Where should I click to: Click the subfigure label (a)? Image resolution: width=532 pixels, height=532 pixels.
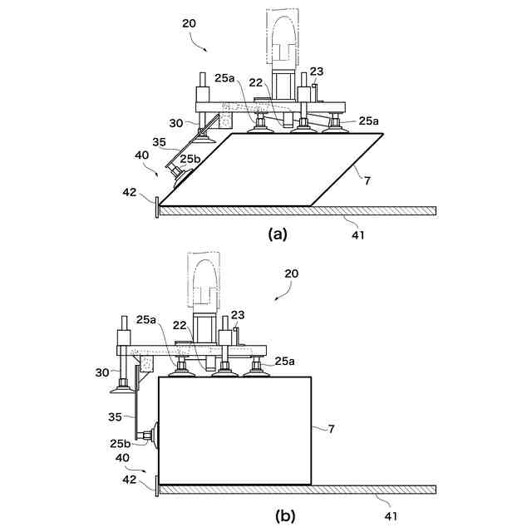pos(277,234)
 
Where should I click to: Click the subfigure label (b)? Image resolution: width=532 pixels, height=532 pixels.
pos(285,515)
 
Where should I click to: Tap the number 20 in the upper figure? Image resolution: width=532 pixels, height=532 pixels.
pos(190,24)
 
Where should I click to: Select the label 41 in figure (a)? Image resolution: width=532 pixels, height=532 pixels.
pos(357,235)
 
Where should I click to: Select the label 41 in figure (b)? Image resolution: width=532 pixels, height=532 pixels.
pos(390,516)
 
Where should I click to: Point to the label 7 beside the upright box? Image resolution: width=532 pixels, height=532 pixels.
pos(331,429)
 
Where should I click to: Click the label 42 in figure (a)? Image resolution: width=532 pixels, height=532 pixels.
pos(129,193)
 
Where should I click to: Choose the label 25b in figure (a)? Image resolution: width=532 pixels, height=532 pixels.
pos(189,159)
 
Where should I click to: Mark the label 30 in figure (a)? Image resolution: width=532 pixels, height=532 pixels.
pos(176,123)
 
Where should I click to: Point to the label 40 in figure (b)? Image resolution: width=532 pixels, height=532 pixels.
pos(123,458)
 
